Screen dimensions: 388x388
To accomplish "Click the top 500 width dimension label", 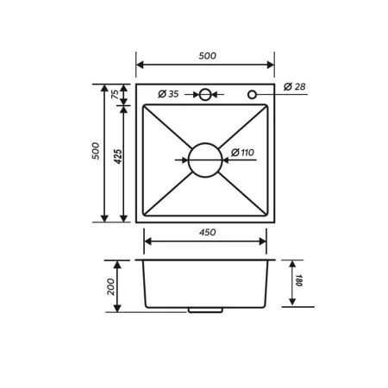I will click(206, 56).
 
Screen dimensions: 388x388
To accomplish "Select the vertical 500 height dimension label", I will click(97, 152).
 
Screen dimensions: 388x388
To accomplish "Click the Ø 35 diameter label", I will click(168, 94).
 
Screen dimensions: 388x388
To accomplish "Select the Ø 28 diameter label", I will click(293, 86).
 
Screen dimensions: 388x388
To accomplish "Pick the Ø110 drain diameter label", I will click(243, 153).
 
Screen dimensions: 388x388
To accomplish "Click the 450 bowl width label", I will click(207, 232).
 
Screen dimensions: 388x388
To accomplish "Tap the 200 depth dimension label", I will click(111, 286).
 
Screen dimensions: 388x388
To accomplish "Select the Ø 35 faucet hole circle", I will click(205, 94).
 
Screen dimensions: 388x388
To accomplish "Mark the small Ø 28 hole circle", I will click(252, 94).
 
